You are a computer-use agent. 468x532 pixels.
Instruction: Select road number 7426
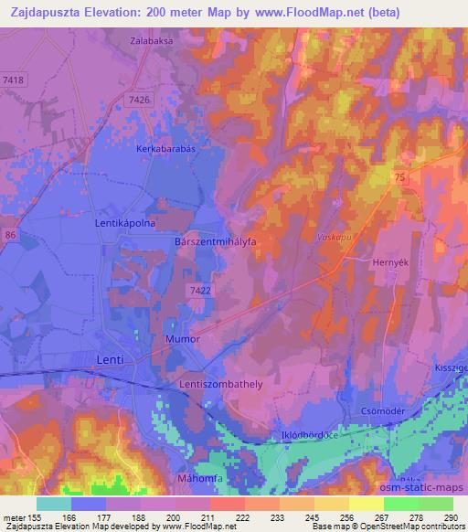(x=139, y=100)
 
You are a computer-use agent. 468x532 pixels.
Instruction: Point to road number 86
(x=10, y=236)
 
